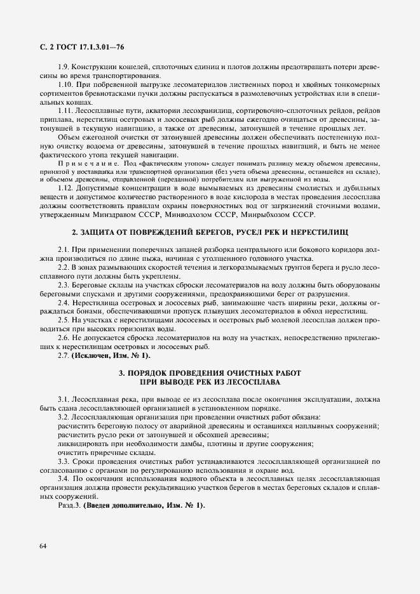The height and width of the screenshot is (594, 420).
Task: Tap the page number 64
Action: click(x=43, y=546)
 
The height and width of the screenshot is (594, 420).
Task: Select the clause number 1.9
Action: click(x=64, y=68)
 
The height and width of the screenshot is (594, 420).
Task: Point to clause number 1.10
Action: click(x=66, y=85)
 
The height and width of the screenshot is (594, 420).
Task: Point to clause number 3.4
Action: click(x=64, y=478)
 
